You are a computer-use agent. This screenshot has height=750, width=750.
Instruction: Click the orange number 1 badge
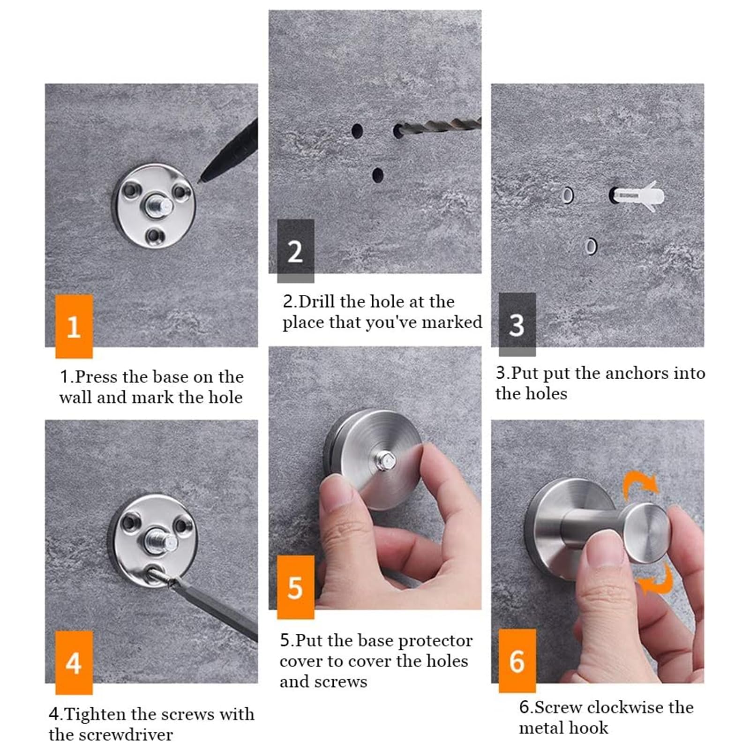pos(74,326)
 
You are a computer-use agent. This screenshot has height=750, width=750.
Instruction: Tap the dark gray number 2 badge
pos(295,251)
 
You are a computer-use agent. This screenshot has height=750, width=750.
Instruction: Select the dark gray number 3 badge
pos(517,324)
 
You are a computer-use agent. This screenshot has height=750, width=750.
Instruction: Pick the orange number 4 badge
pos(74,662)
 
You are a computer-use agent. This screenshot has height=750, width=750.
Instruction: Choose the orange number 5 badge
pos(295,587)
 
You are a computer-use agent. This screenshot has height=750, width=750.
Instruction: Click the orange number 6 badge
pos(517,660)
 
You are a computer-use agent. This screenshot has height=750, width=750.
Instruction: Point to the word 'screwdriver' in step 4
pos(132,735)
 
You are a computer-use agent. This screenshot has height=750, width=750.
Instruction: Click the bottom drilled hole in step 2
pos(377,175)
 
